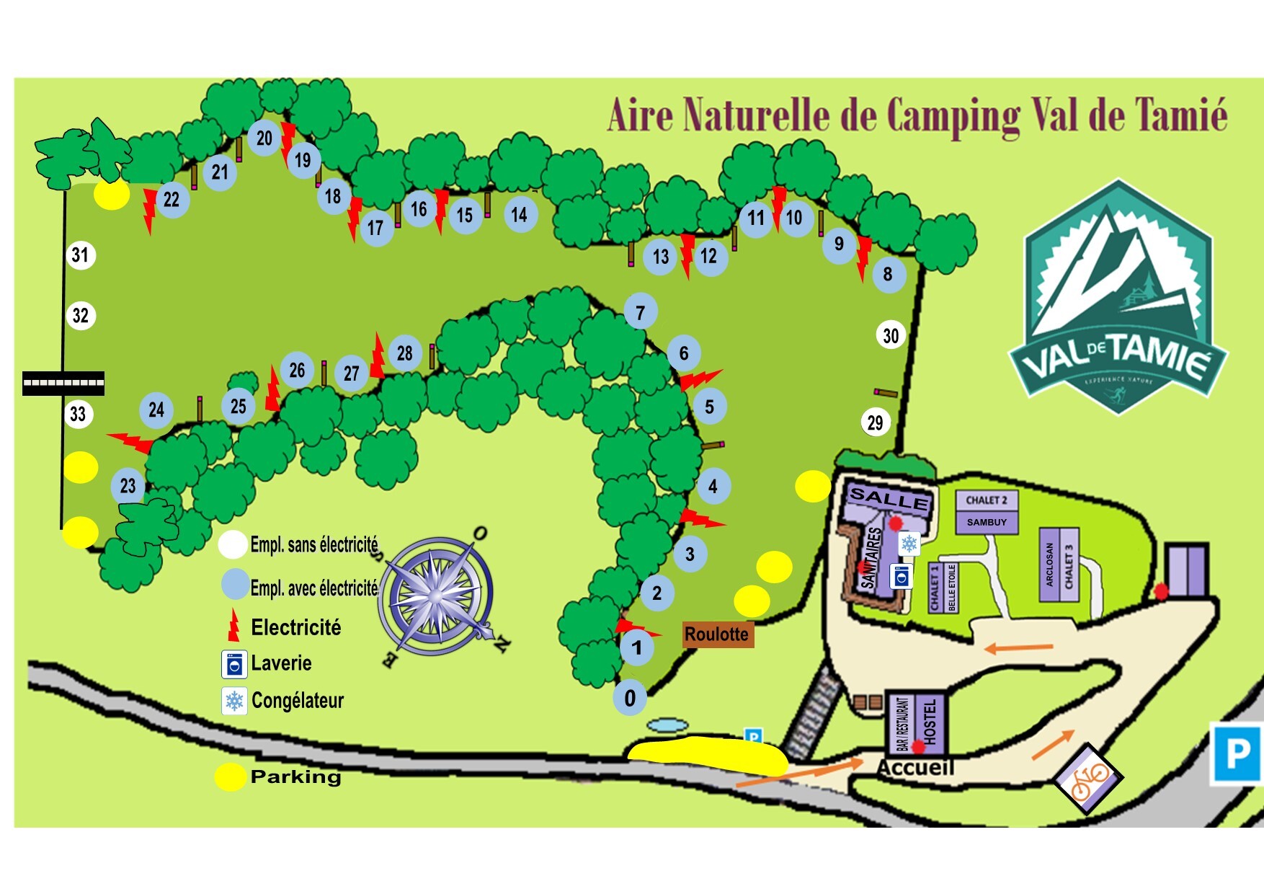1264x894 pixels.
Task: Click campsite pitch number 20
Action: [x=264, y=138]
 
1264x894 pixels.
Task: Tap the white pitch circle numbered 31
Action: [x=80, y=255]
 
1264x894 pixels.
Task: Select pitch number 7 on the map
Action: [x=640, y=312]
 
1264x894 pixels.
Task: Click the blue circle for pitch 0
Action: [x=630, y=698]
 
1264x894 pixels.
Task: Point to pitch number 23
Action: [x=128, y=486]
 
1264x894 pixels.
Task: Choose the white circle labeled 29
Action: [x=876, y=422]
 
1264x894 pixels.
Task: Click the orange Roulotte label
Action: [x=717, y=634]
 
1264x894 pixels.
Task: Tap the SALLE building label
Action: [x=889, y=498]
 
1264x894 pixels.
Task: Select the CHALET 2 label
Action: [x=987, y=500]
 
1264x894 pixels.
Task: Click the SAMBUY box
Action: [x=987, y=522]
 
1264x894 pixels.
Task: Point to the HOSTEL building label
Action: [x=930, y=721]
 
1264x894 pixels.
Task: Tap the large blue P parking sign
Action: [x=1237, y=754]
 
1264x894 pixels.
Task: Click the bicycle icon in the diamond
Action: [x=1088, y=779]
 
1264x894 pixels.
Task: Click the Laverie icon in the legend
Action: [x=234, y=664]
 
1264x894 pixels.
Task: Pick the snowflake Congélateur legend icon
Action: [x=234, y=701]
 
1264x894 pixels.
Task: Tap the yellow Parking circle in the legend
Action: [x=230, y=776]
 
